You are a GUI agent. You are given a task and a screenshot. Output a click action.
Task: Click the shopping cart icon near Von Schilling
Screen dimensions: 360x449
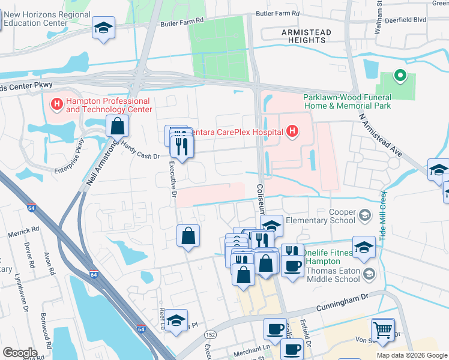click(382, 329)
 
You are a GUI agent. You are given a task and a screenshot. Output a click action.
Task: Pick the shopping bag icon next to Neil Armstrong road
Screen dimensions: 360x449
click(117, 126)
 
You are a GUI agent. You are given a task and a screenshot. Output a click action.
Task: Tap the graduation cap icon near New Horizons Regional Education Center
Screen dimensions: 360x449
click(104, 28)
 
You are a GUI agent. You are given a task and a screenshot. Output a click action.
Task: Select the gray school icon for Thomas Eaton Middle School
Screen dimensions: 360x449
click(370, 274)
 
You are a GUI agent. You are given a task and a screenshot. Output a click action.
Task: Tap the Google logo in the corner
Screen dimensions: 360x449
click(19, 352)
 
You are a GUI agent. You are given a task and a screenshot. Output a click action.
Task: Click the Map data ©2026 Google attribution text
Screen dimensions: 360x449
click(411, 355)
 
